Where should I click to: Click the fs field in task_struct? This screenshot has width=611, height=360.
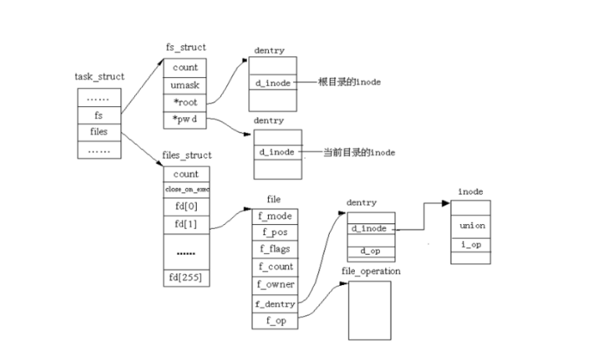pos(99,114)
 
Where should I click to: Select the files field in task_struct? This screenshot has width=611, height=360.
pos(99,131)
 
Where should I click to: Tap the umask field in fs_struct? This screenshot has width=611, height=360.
pos(185,84)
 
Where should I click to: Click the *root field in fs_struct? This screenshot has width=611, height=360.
pos(185,102)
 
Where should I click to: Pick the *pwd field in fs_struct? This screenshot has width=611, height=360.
pos(185,119)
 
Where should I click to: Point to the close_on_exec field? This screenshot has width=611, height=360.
pos(186,190)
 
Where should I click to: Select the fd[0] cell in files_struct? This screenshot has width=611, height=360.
pos(186,207)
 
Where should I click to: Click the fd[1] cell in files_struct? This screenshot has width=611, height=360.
pos(186,225)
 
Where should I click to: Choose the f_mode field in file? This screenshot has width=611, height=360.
pos(273,215)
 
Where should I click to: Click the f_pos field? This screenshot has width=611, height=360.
pos(273,232)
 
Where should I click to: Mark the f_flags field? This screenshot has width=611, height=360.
pos(273,250)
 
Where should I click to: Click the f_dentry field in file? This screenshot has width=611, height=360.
pos(273,304)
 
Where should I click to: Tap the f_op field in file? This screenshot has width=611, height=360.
pos(273,321)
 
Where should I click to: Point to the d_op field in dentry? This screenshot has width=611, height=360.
pos(371,251)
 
